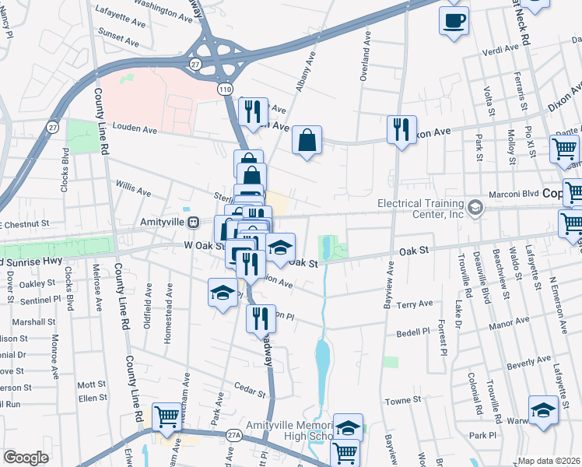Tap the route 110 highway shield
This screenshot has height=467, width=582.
(225, 90)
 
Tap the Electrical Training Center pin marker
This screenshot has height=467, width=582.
(475, 208)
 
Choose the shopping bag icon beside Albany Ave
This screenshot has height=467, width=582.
(308, 142)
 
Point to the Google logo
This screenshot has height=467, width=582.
(26, 457)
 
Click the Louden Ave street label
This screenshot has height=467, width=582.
(136, 126)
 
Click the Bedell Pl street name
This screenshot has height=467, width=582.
(414, 332)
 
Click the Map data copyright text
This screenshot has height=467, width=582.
(549, 461)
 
